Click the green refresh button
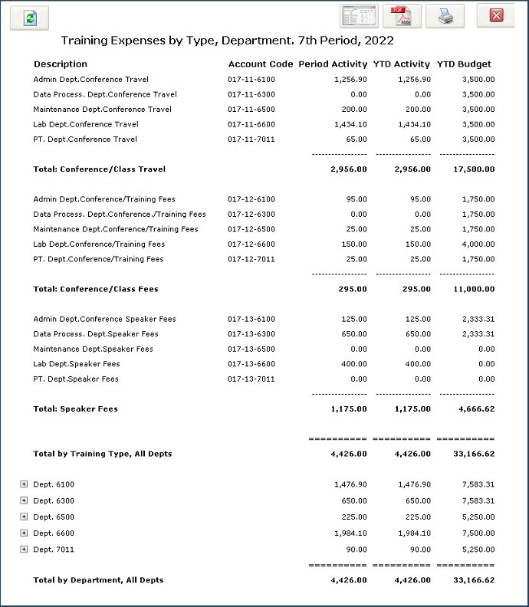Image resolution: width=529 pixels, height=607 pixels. point(29,18)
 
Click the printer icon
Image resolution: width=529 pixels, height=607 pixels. point(445,16)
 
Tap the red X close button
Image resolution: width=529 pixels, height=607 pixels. point(495,15)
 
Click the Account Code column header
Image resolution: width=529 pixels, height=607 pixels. point(260,64)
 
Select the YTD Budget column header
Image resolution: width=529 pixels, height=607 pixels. point(464,64)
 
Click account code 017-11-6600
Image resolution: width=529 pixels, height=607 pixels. point(251,124)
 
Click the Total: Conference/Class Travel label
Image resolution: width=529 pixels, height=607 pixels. point(100,169)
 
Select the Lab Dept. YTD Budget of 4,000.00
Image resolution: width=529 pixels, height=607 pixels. point(476,244)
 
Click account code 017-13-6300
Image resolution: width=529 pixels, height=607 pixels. point(251,334)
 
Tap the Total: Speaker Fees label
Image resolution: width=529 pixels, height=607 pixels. point(76,409)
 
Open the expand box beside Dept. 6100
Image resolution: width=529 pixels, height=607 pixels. point(24,484)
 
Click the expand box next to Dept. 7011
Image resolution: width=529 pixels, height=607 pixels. point(24,550)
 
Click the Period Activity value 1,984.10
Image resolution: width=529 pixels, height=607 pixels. point(351,533)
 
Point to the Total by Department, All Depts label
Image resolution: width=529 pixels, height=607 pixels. point(98,580)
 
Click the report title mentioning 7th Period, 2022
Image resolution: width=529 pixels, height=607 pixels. point(228,40)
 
